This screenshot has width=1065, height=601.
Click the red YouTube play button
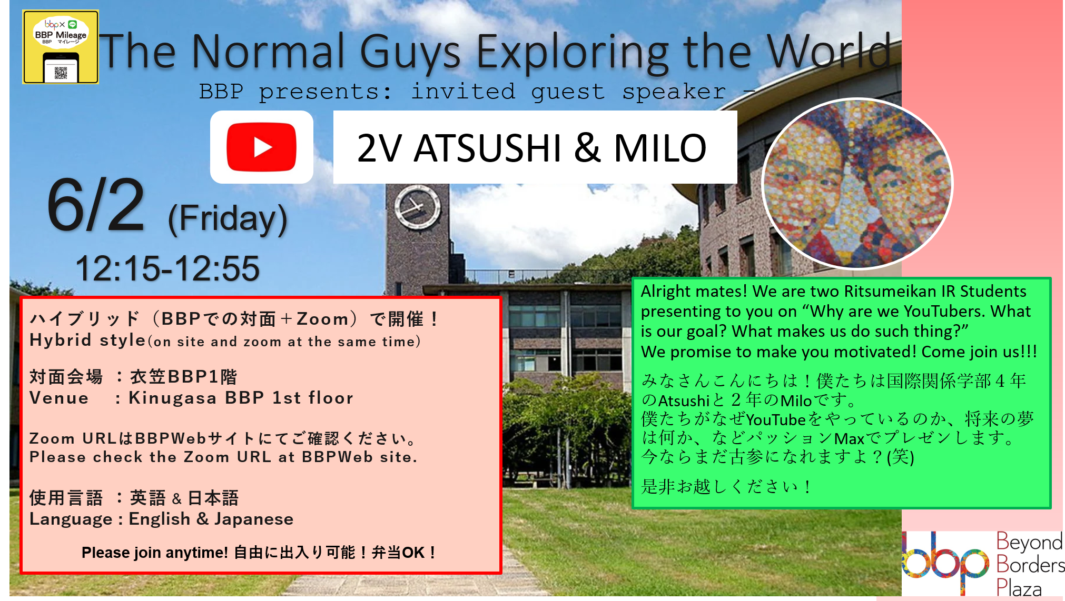(x=261, y=147)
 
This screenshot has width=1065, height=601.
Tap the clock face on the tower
(x=418, y=207)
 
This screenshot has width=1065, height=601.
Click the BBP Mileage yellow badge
(x=61, y=47)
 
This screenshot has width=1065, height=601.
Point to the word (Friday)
(x=228, y=219)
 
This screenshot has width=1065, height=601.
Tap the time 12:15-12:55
(x=167, y=268)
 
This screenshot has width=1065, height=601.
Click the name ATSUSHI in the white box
(x=488, y=148)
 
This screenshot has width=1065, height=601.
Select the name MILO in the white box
(x=660, y=148)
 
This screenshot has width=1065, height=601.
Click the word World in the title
(x=829, y=51)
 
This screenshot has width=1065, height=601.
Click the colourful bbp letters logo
(x=945, y=563)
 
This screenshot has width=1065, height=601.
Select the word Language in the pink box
(x=71, y=519)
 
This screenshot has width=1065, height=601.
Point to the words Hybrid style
(x=87, y=340)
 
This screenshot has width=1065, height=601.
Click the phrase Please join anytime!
(x=155, y=553)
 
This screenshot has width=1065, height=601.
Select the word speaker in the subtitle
(x=674, y=92)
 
